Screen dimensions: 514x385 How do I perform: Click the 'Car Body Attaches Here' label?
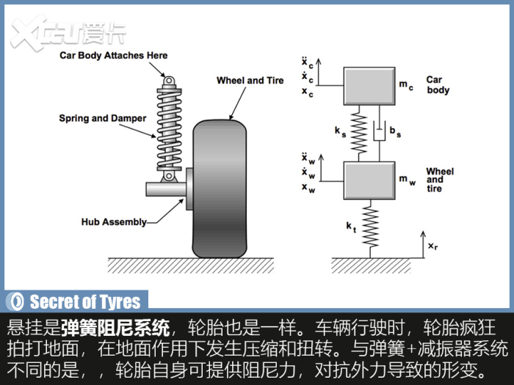(113, 55)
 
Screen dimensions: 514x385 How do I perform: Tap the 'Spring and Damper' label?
(103, 118)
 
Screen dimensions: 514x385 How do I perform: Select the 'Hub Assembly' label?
(114, 222)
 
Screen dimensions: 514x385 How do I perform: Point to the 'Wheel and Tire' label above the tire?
(250, 80)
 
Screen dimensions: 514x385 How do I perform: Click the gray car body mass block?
(369, 86)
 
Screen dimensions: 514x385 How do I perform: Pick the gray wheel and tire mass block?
(369, 180)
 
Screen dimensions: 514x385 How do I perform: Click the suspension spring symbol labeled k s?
(358, 133)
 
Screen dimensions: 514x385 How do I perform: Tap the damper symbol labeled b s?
(380, 133)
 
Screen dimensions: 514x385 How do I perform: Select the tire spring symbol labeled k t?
(370, 229)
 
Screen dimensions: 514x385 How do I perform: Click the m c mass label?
(406, 85)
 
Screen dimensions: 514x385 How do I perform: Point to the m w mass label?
(407, 180)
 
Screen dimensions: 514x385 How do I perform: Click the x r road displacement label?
(432, 246)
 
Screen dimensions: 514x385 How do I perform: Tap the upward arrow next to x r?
(423, 244)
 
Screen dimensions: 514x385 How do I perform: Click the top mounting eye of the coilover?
(169, 81)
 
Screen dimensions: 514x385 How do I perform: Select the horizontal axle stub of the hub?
(166, 189)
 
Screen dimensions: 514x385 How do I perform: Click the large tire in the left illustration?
(220, 189)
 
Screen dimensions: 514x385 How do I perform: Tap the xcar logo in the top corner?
(68, 33)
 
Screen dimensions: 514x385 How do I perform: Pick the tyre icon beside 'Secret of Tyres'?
(16, 301)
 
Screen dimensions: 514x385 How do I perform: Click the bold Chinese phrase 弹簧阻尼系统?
(115, 328)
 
